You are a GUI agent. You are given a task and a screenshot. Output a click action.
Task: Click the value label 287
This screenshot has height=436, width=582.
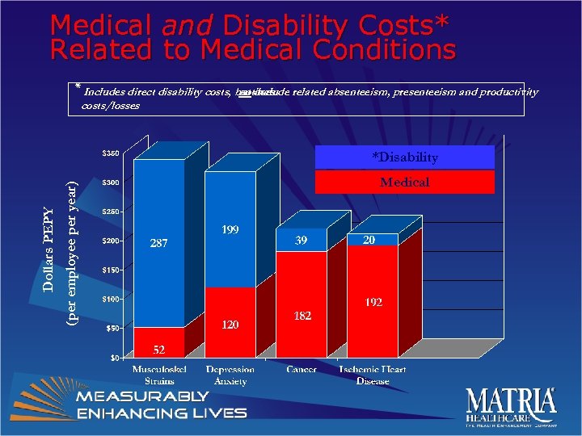click(x=159, y=242)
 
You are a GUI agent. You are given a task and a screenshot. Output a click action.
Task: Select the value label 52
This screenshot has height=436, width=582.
click(x=159, y=350)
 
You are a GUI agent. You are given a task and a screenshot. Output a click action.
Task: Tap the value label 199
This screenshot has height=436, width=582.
click(x=230, y=231)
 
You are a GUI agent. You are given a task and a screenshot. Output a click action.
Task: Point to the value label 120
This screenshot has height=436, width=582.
click(x=230, y=324)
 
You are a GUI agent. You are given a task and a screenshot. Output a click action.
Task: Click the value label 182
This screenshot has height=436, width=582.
click(x=301, y=315)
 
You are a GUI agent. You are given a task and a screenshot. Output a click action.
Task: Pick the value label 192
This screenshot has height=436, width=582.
click(x=373, y=303)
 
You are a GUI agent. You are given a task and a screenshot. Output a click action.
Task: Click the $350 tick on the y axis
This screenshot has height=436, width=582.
click(x=112, y=153)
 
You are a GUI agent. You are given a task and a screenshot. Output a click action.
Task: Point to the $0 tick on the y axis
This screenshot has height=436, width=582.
click(x=115, y=357)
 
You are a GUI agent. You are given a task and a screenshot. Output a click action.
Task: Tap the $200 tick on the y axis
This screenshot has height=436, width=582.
click(x=112, y=241)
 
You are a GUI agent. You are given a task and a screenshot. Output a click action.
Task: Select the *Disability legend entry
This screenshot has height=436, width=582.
click(x=404, y=157)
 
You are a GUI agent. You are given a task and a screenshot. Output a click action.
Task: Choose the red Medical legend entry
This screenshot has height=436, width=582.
click(x=404, y=182)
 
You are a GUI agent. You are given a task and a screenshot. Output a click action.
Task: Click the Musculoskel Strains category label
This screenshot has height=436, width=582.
click(x=159, y=375)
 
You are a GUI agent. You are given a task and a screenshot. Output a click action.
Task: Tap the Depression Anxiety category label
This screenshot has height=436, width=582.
click(x=230, y=375)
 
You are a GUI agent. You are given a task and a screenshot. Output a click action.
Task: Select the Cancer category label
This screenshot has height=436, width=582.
click(x=301, y=370)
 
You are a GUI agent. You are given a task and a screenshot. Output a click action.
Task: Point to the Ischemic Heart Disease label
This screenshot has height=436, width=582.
click(x=373, y=375)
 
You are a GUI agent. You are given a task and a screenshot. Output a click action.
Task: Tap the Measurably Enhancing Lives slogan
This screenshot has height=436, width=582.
click(x=162, y=405)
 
